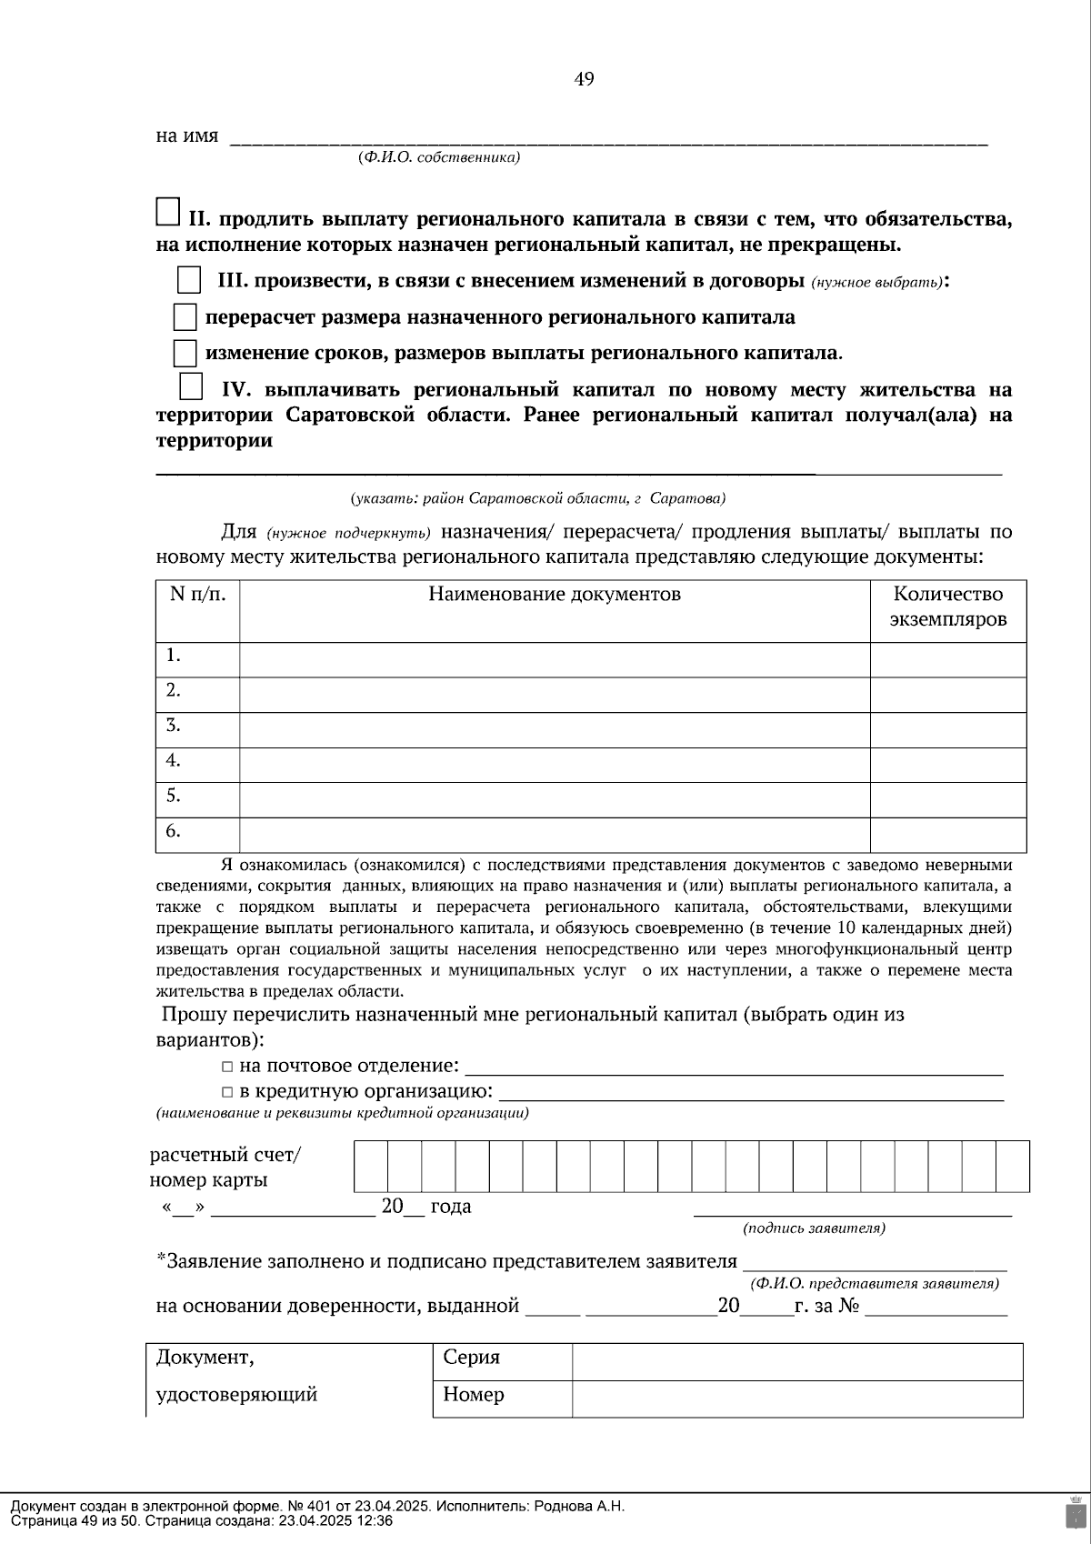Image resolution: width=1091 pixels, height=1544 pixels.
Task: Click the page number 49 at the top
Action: pos(584,80)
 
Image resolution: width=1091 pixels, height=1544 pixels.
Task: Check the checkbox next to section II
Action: pos(168,212)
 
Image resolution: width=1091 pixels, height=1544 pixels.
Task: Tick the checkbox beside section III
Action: pos(188,280)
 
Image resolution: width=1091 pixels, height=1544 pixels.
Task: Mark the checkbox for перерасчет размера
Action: pos(185,317)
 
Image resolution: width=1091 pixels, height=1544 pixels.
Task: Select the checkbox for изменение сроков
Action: pos(185,353)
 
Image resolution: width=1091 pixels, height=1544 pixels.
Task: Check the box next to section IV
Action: pos(191,387)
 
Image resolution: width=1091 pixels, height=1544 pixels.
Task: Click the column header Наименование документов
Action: pos(555,595)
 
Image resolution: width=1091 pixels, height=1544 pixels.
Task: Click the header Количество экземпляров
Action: pos(948,607)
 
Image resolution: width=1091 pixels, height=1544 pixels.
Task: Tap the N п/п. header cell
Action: pos(197,595)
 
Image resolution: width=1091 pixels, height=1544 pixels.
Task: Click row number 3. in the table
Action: pos(174,726)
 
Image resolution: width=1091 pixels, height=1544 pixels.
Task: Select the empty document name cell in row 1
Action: pos(555,659)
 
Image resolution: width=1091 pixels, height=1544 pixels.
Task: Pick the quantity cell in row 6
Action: pos(948,834)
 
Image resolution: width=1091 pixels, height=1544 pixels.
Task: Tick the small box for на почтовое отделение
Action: pos(227,1067)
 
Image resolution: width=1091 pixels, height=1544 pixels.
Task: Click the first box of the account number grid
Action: pos(371,1166)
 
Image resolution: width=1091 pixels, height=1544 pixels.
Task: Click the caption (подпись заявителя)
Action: pos(814,1228)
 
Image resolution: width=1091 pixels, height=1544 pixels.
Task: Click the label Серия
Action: pos(471,1358)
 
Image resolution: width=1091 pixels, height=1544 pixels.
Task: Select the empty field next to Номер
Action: pos(796,1399)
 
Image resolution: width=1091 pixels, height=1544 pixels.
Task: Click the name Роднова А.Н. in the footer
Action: pos(579,1506)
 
